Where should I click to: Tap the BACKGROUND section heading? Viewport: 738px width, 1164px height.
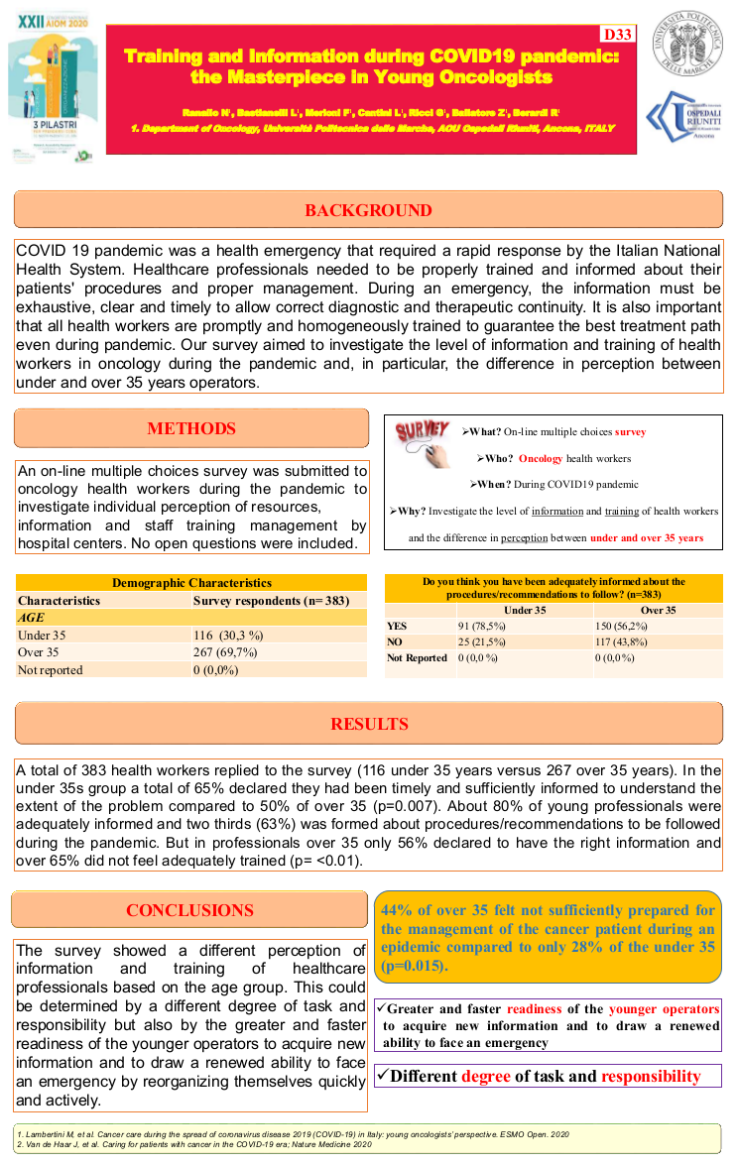(x=368, y=210)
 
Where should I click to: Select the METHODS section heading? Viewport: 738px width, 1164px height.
(x=191, y=428)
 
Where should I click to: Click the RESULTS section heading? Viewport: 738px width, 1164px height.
(x=368, y=724)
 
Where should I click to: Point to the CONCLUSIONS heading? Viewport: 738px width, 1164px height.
(x=189, y=910)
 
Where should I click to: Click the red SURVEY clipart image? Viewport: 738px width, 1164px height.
(x=424, y=438)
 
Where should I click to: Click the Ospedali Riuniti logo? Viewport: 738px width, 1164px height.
(x=685, y=120)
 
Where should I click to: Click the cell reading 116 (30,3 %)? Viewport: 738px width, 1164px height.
(x=228, y=636)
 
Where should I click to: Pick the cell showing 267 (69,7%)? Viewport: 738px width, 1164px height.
(x=226, y=652)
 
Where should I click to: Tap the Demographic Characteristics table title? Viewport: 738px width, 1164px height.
(x=191, y=583)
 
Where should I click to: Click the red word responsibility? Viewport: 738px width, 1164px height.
(x=650, y=1076)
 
